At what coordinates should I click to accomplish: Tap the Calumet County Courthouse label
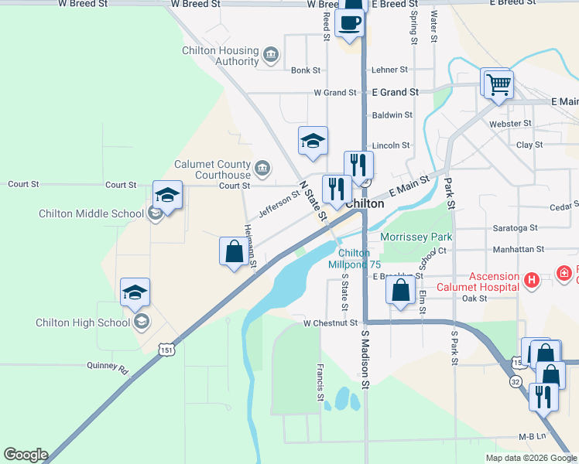[x=212, y=169]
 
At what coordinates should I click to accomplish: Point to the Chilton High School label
[x=83, y=322]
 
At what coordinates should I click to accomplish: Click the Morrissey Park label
[x=415, y=236]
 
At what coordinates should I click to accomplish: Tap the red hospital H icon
[x=531, y=280]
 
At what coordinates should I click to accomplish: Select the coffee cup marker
[x=351, y=24]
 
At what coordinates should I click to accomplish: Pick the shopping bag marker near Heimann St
[x=234, y=253]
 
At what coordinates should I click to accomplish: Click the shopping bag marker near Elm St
[x=400, y=292]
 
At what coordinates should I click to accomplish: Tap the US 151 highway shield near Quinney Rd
[x=168, y=350]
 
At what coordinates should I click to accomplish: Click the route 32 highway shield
[x=515, y=380]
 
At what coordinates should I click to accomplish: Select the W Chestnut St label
[x=331, y=322]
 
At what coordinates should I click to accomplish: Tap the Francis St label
[x=320, y=383]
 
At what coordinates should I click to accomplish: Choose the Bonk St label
[x=306, y=70]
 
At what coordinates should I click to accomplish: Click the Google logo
[x=25, y=455]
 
